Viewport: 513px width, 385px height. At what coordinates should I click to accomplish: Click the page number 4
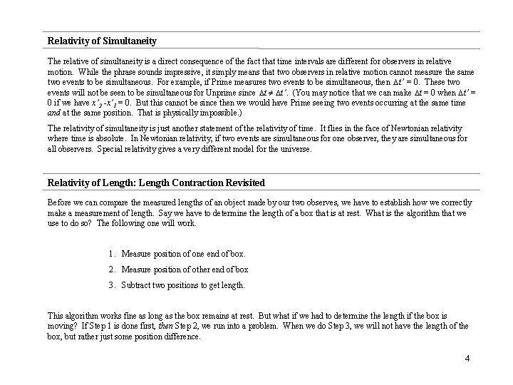click(x=467, y=357)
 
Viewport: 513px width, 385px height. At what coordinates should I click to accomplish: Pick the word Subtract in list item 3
click(x=137, y=284)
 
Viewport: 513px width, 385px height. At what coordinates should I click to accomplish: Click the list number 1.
click(x=113, y=253)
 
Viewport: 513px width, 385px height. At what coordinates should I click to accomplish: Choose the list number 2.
click(x=113, y=269)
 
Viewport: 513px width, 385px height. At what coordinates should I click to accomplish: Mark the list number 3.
click(x=113, y=284)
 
